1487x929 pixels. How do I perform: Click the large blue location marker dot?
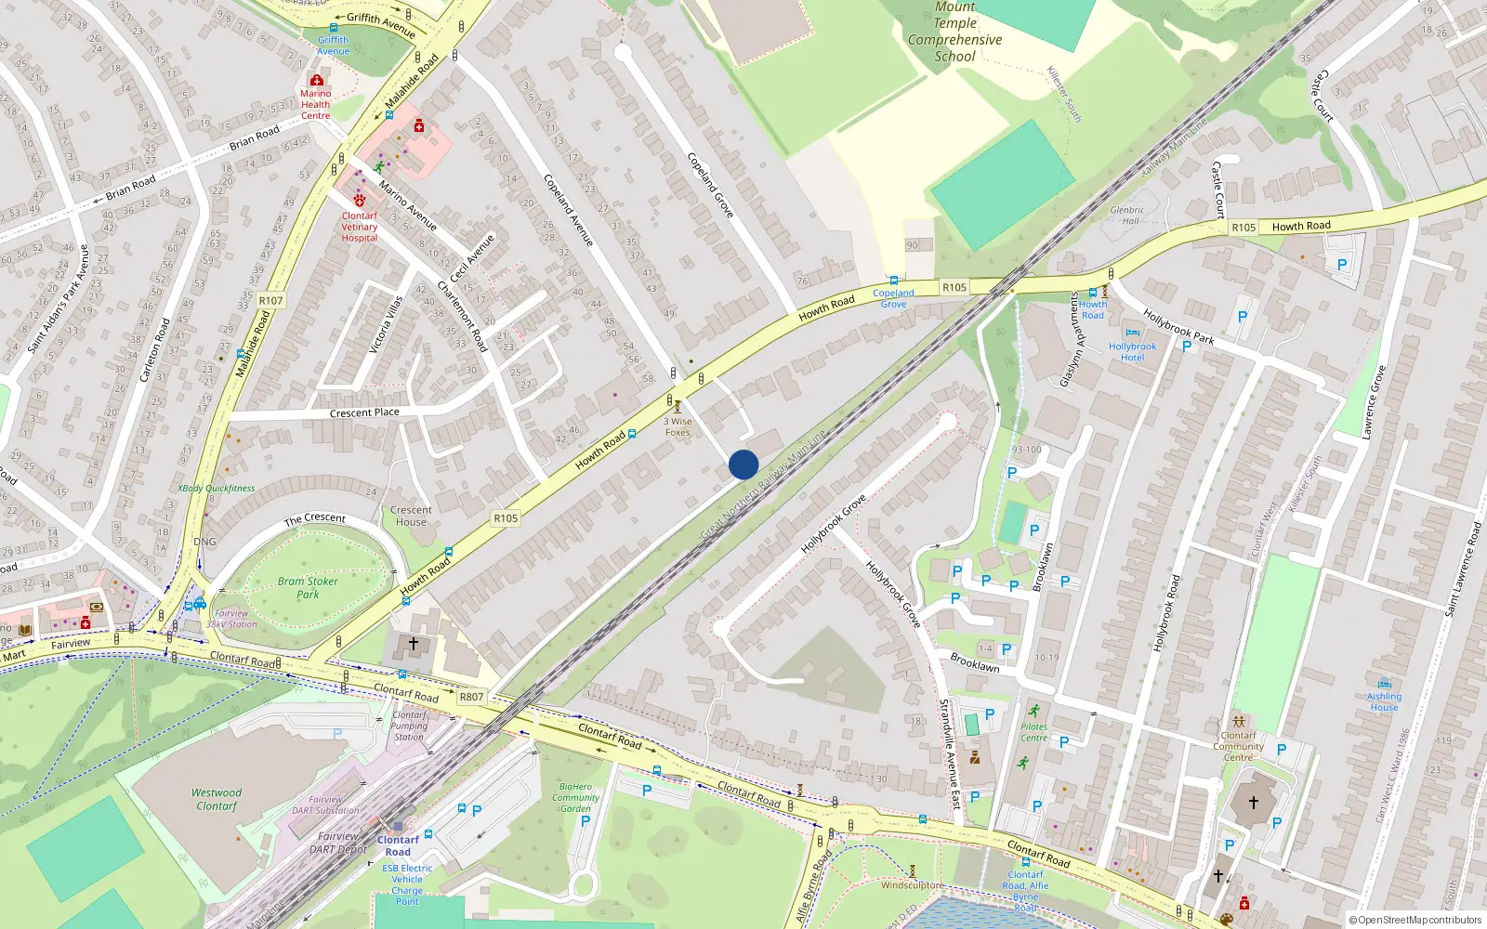tap(743, 464)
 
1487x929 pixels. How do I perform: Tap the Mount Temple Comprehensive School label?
tap(954, 33)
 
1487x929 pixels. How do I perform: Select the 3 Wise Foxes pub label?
tap(678, 426)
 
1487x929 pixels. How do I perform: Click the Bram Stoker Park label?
tap(308, 587)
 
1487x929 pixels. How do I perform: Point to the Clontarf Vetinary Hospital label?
tap(360, 227)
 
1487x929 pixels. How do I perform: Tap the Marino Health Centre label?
tap(316, 104)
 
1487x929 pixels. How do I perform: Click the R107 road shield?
tap(270, 300)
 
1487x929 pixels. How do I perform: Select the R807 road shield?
tap(471, 697)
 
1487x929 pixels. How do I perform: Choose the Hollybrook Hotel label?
tap(1132, 352)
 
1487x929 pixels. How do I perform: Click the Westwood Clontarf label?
tap(217, 799)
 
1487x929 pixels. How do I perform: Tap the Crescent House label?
tap(411, 516)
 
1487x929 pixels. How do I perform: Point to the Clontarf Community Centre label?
tap(1238, 746)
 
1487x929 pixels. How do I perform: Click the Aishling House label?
tap(1384, 701)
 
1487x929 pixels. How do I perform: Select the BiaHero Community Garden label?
tap(575, 797)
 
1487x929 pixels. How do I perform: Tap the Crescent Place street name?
tap(364, 412)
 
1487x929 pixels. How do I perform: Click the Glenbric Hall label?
tap(1127, 216)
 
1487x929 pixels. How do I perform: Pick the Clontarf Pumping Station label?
tap(409, 726)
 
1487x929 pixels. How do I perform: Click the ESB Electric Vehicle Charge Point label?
tap(407, 884)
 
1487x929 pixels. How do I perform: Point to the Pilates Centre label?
tap(1033, 732)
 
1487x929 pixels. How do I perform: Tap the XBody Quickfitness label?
tap(216, 488)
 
